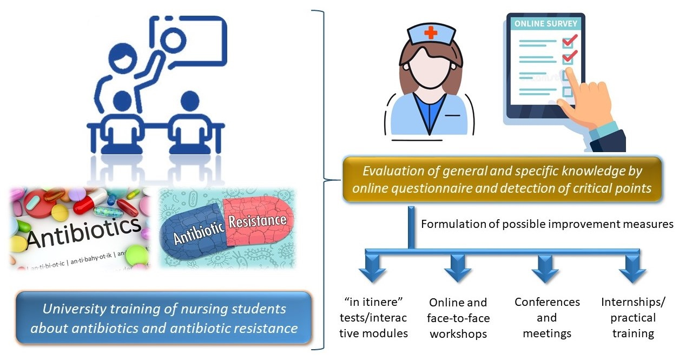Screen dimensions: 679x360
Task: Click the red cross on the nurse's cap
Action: (x=431, y=34)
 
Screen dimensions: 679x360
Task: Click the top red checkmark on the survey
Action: (x=570, y=41)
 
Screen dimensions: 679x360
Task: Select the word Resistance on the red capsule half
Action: (x=257, y=221)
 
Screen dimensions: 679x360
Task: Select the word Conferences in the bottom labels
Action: (x=547, y=302)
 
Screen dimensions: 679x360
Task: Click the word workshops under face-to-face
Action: (x=458, y=334)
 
